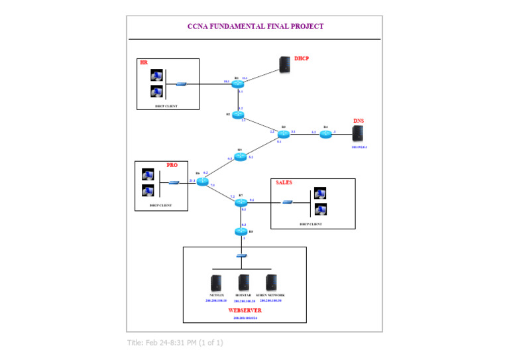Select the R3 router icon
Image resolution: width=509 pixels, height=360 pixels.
pyautogui.click(x=284, y=134)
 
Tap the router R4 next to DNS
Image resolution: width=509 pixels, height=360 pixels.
pyautogui.click(x=325, y=135)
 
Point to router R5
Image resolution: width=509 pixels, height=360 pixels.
pyautogui.click(x=240, y=157)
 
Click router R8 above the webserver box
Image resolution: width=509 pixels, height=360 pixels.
pyautogui.click(x=241, y=231)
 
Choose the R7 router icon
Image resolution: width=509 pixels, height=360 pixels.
pyautogui.click(x=241, y=202)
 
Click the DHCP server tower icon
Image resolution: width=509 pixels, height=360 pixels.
pyautogui.click(x=284, y=64)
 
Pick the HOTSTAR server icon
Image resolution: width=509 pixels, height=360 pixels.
pyautogui.click(x=244, y=282)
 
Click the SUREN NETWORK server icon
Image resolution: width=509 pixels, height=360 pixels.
pyautogui.click(x=270, y=282)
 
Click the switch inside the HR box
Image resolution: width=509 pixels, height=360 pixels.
pyautogui.click(x=181, y=84)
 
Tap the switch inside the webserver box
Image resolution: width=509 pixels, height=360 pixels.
pyautogui.click(x=241, y=256)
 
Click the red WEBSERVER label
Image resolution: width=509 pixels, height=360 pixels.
pyautogui.click(x=245, y=310)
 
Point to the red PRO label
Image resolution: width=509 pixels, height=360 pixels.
pyautogui.click(x=172, y=165)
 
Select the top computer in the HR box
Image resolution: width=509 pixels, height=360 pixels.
pyautogui.click(x=156, y=77)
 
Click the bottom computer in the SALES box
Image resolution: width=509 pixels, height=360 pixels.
pyautogui.click(x=320, y=210)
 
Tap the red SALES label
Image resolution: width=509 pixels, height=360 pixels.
pyautogui.click(x=284, y=182)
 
